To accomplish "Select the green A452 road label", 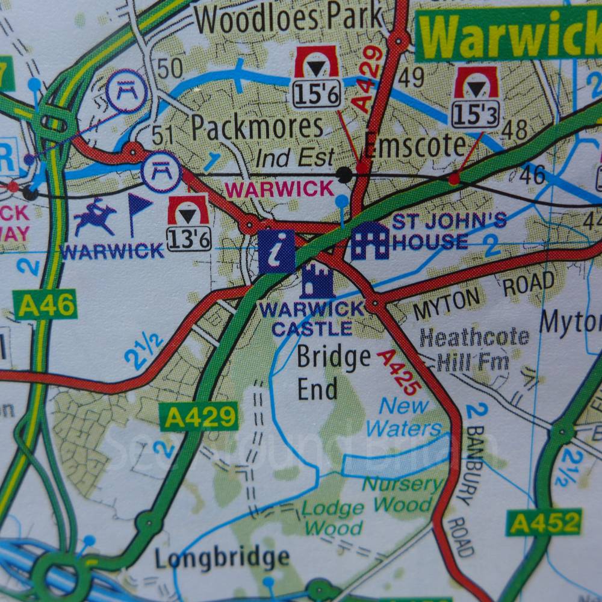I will click(x=544, y=522).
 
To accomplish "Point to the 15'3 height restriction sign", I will click(x=476, y=96).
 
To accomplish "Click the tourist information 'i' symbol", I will click(x=276, y=252).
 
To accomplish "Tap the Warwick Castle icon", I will click(x=317, y=281).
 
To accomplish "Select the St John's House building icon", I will click(x=370, y=241).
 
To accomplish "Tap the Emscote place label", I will click(x=415, y=145).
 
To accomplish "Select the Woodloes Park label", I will click(x=288, y=19).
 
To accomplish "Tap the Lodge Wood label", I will click(x=332, y=518).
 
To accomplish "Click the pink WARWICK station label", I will click(x=279, y=189).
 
